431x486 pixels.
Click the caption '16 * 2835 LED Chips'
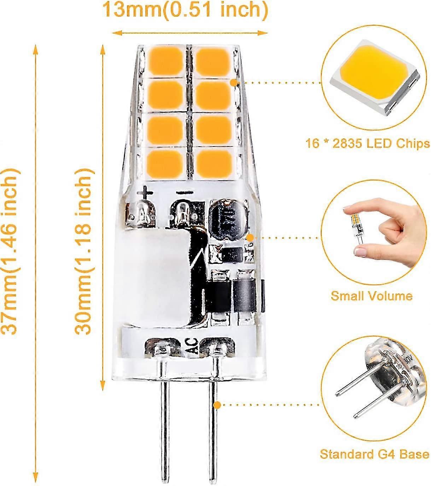coord(368,144)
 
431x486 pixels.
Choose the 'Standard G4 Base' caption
coord(374,448)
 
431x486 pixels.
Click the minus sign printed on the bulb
coord(185,192)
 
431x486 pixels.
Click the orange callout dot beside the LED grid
coord(234,82)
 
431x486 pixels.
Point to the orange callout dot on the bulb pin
coord(217,405)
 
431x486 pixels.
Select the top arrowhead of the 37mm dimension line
coord(36,51)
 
